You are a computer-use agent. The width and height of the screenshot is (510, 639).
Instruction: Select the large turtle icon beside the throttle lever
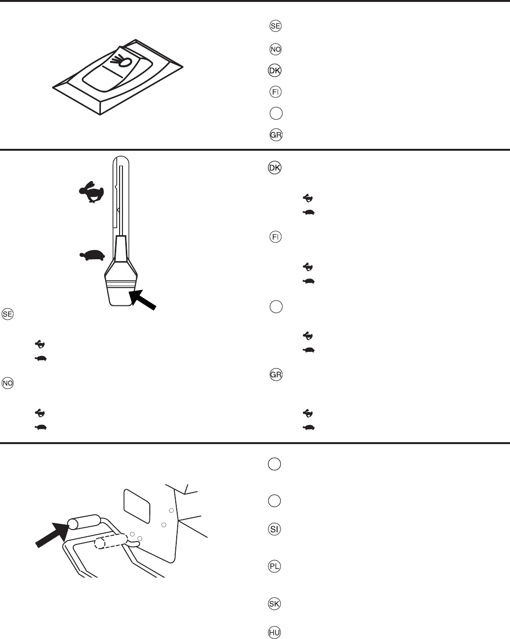[93, 255]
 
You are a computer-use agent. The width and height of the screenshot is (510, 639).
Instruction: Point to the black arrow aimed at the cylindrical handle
[51, 533]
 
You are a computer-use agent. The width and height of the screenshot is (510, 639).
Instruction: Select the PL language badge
[274, 567]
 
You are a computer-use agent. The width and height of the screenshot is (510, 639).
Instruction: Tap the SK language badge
[274, 603]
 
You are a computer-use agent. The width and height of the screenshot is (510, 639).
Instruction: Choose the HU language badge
[274, 633]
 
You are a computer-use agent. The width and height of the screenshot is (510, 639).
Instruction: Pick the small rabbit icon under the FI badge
[308, 266]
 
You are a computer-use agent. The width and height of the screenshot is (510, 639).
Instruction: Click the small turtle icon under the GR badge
[308, 427]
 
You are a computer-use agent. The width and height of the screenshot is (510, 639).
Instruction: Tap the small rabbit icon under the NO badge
[40, 412]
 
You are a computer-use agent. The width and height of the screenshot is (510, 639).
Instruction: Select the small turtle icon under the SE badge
[40, 359]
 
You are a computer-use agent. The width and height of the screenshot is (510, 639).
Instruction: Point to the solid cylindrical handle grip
[84, 523]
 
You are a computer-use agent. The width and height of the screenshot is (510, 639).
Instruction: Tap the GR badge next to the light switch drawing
[275, 135]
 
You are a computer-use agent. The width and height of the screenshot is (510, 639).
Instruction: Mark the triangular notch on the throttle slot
[117, 210]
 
